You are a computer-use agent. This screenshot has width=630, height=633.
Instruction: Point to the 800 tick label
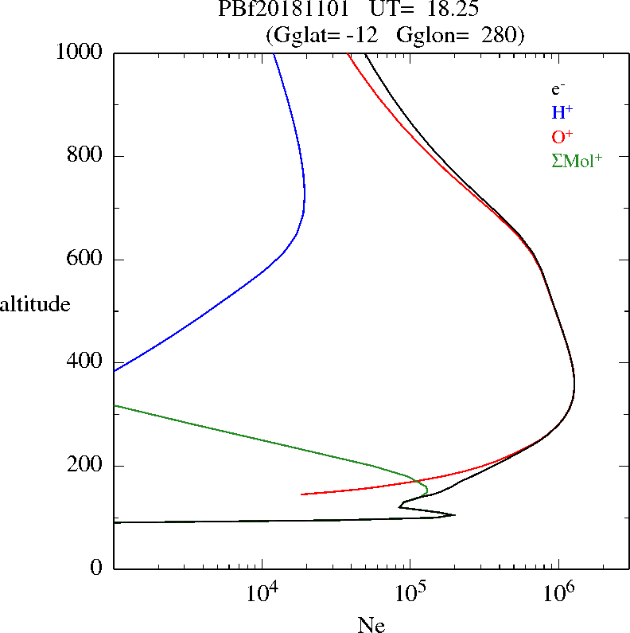(85, 156)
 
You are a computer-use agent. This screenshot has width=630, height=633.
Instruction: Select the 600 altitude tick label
(85, 260)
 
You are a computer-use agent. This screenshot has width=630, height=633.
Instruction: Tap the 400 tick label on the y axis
(85, 362)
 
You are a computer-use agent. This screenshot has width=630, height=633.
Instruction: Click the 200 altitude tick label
(85, 466)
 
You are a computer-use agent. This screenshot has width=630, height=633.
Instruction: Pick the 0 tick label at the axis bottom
(98, 569)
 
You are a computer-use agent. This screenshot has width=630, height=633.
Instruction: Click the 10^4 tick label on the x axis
(262, 593)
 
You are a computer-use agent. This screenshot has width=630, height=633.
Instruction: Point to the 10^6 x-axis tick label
(558, 593)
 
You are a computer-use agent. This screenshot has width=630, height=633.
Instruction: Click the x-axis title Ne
(371, 625)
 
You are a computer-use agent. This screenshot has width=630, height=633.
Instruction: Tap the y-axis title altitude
(35, 304)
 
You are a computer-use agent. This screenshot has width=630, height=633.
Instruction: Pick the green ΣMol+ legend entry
(576, 160)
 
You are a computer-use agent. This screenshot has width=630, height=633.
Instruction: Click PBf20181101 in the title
(272, 10)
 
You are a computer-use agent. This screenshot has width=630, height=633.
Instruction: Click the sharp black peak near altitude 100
(454, 514)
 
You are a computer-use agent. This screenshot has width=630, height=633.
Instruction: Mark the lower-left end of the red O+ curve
(301, 494)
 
